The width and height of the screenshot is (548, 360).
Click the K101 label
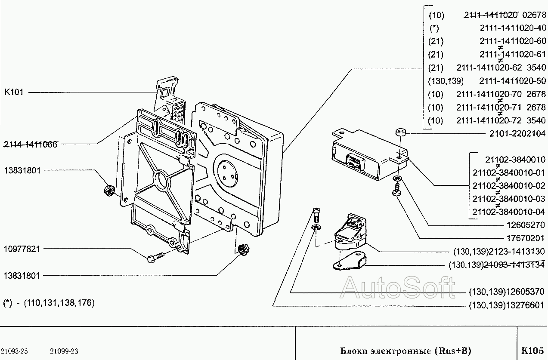tap(14, 92)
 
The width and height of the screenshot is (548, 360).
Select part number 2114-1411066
tap(31, 144)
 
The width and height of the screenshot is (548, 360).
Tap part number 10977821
tap(22, 248)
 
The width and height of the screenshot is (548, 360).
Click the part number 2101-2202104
tap(517, 134)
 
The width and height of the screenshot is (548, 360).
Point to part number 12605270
tap(526, 225)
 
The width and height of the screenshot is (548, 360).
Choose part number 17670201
tap(526, 238)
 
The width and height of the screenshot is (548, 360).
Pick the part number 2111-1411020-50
tap(512, 81)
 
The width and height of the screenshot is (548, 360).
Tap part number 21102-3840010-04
tap(509, 212)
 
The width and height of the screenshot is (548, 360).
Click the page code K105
tap(533, 351)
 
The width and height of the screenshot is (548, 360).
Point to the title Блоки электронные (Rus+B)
tap(402, 351)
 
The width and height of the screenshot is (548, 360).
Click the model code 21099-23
tap(64, 351)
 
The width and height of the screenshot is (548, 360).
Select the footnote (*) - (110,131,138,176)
tap(49, 303)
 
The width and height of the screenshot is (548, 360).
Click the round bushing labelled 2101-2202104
tap(400, 131)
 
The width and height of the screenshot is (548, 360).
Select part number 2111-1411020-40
tap(512, 28)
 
